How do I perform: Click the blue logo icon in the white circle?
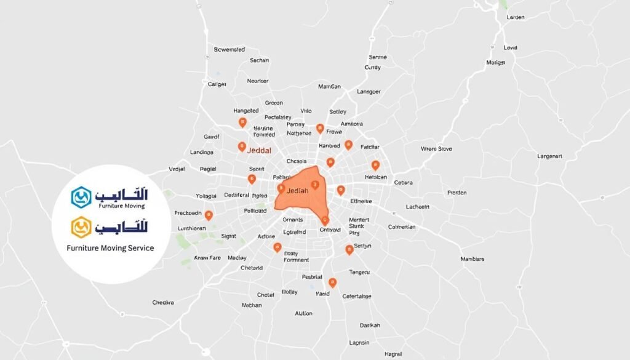[81, 196]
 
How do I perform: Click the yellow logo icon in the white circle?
[81, 227]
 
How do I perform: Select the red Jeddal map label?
[258, 149]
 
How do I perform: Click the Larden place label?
[515, 17]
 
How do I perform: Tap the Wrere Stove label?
[436, 148]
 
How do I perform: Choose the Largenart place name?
[549, 156]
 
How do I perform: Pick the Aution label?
[303, 313]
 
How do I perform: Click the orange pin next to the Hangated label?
[242, 122]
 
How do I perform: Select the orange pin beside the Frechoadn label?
[209, 215]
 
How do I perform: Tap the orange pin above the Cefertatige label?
[333, 282]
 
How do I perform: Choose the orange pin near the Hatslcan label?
[375, 164]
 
